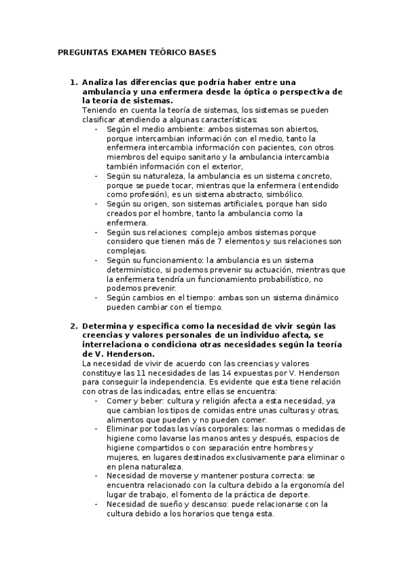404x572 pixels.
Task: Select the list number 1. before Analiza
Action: click(74, 82)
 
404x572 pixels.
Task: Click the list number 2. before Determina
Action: click(74, 326)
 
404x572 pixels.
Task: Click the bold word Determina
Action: click(105, 326)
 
